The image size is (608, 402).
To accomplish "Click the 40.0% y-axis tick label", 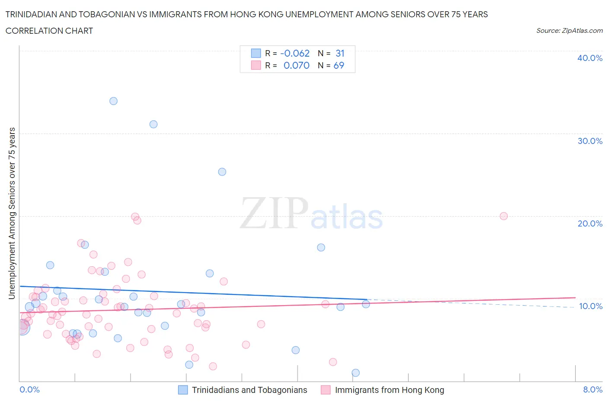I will [x=589, y=58].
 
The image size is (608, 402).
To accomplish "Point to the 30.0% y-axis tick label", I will [x=589, y=141].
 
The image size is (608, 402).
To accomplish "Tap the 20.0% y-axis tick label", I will [x=589, y=223].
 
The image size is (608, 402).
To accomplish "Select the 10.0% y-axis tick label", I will [x=590, y=306].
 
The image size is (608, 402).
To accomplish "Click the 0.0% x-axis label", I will [x=29, y=389].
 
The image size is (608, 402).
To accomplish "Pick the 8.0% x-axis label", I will [x=592, y=389].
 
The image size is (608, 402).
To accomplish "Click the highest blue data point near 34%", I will [x=113, y=101].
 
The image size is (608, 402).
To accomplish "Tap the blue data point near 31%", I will [x=154, y=124].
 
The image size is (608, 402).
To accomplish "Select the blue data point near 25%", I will [x=222, y=172].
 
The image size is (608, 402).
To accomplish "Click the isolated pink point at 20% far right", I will [x=503, y=216].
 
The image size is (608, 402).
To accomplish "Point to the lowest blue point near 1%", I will [x=355, y=373].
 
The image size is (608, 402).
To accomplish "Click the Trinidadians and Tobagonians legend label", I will [x=250, y=390].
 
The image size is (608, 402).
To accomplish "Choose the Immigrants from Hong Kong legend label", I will [x=389, y=390].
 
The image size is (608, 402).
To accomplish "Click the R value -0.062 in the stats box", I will [x=295, y=53].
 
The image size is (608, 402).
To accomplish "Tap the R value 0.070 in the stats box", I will [x=296, y=65].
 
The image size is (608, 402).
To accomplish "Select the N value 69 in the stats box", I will [x=339, y=65].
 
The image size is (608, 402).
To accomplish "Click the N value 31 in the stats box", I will [x=340, y=53].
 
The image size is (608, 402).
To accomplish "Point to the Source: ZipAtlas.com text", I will [x=569, y=31].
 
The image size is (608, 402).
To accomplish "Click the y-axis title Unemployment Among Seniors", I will [x=12, y=213].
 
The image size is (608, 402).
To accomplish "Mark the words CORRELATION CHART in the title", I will [x=49, y=31].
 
